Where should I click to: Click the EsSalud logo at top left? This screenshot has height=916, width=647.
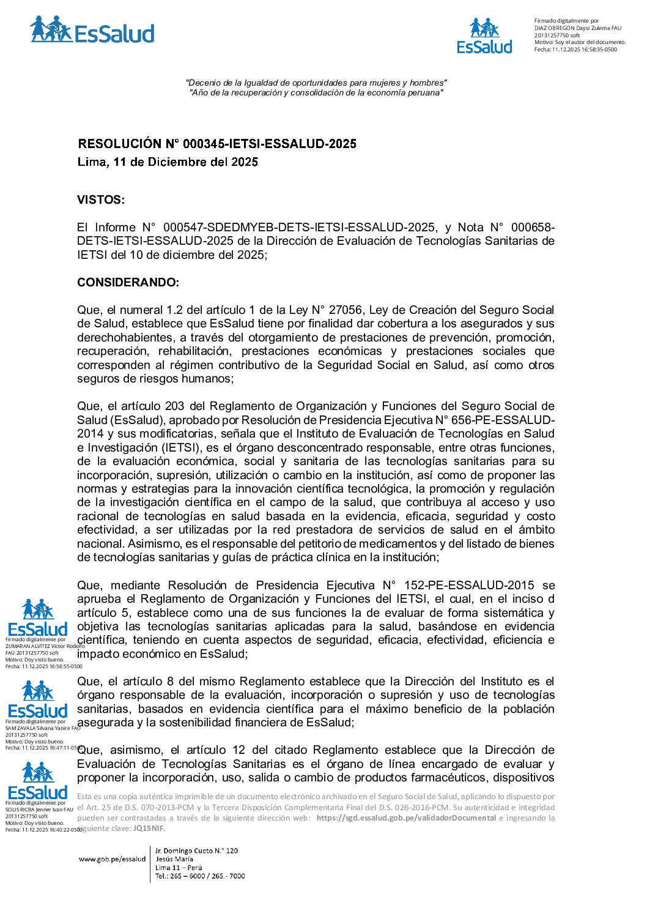coord(92,31)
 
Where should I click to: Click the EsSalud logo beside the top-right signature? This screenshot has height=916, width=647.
coord(484,36)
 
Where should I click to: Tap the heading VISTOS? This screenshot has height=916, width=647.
coord(101,199)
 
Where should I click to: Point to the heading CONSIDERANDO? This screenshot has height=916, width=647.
coord(128,282)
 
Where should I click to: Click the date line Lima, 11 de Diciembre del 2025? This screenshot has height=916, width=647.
coord(168,162)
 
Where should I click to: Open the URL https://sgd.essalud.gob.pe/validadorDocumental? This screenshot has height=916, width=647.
coord(406,818)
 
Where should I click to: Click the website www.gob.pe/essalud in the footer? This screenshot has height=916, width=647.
coord(112,859)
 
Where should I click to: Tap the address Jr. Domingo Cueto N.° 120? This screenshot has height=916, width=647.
coord(196,851)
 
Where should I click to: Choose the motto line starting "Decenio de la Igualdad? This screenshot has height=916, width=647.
coord(316,83)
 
